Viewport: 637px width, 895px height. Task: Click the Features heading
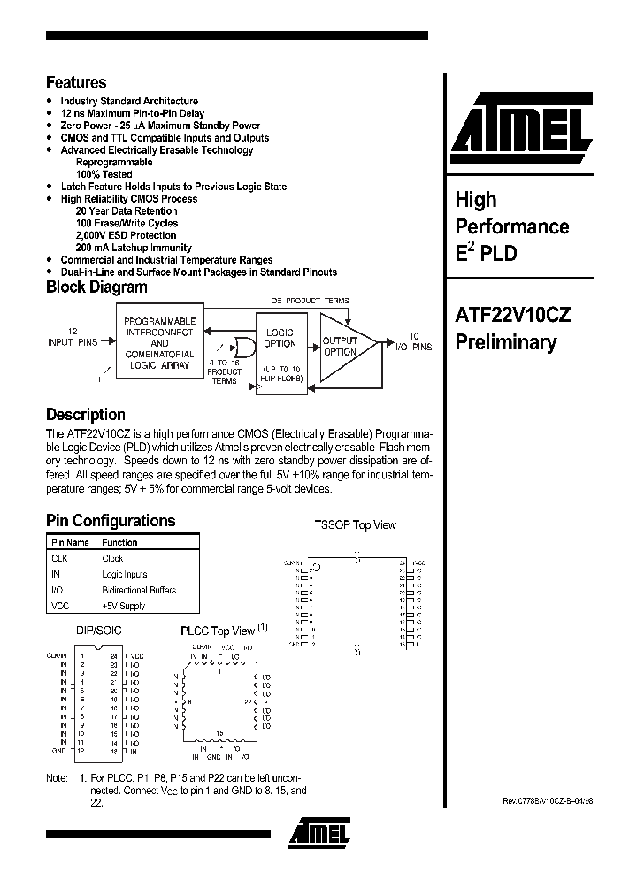pyautogui.click(x=76, y=82)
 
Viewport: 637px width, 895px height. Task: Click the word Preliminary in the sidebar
pyautogui.click(x=505, y=342)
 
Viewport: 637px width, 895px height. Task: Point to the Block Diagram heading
pyautogui.click(x=96, y=287)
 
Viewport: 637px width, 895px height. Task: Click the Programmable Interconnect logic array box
pyautogui.click(x=159, y=342)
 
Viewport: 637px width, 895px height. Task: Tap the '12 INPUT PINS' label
pyautogui.click(x=73, y=340)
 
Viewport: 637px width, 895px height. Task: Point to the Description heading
pyautogui.click(x=85, y=414)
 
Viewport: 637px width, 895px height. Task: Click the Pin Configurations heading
pyautogui.click(x=111, y=521)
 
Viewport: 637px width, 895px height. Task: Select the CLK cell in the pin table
pyautogui.click(x=60, y=558)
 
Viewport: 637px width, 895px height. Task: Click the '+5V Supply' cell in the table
pyautogui.click(x=123, y=606)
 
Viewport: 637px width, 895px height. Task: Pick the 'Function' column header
pyautogui.click(x=119, y=542)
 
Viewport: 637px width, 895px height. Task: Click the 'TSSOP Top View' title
pyautogui.click(x=355, y=524)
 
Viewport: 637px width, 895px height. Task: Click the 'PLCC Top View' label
pyautogui.click(x=218, y=631)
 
